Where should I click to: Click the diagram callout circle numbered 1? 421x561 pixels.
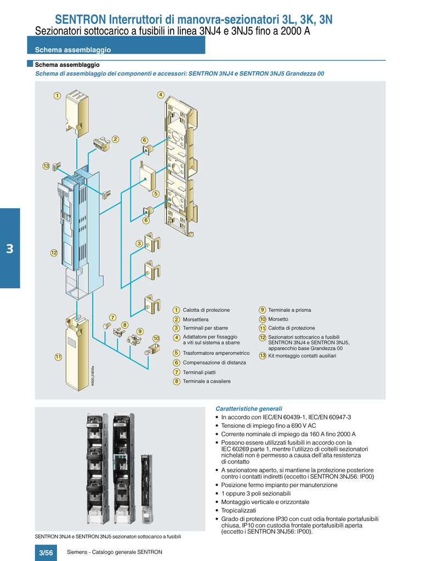point(57,96)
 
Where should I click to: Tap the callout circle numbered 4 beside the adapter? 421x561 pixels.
point(161,95)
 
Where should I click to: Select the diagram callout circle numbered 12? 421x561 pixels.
point(54,253)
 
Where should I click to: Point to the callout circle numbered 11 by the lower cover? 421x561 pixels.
point(58,357)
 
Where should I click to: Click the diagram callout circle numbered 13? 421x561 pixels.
point(46,166)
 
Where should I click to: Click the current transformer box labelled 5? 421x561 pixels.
point(147,176)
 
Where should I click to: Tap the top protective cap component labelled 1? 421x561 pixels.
point(77,113)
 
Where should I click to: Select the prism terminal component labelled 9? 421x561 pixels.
point(134,340)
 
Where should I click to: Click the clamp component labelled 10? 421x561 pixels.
point(152,349)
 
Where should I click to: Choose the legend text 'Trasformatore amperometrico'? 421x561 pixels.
point(216,353)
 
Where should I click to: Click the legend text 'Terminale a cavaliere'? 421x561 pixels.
point(207,381)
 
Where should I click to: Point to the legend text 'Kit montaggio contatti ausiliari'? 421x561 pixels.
point(302,356)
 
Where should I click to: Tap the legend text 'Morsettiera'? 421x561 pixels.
point(196,319)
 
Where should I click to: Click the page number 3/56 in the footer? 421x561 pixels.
point(46,553)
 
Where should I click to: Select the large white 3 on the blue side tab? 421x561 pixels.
point(10,249)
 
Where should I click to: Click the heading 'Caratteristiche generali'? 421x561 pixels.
point(249,409)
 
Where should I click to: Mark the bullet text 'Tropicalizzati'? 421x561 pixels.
point(238,511)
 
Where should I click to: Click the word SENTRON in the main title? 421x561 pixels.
point(81,19)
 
